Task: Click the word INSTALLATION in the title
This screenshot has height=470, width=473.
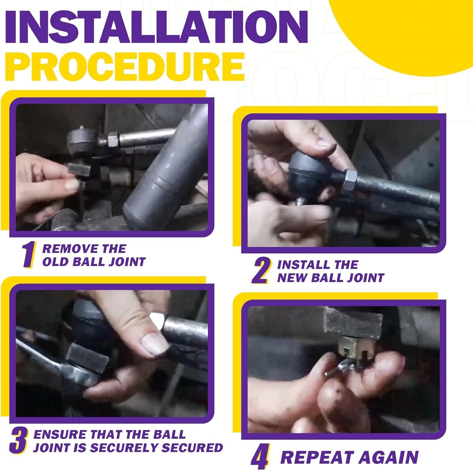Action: coord(156,27)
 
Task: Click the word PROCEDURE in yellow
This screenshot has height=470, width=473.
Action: coord(125,67)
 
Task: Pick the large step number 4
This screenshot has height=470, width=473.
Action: coord(260,456)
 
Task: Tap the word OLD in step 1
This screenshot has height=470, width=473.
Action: coord(55,262)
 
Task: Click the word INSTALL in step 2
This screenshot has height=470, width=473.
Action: coord(304,265)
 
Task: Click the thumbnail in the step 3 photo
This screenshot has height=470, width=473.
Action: coord(155,345)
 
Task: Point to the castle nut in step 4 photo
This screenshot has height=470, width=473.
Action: coord(356,349)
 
